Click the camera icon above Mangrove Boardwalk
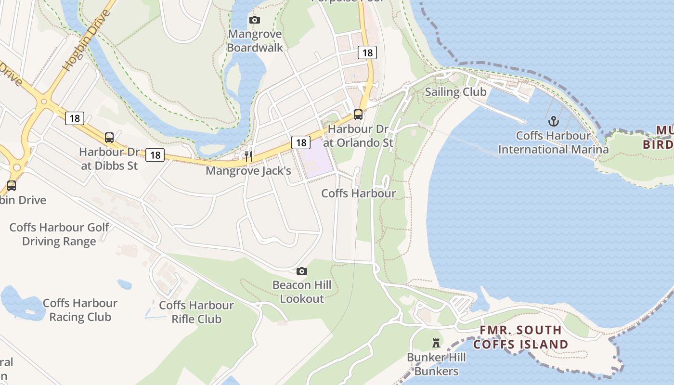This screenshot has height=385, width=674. (255, 20)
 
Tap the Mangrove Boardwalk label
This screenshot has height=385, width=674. (255, 41)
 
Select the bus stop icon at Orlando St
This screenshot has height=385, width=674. (358, 114)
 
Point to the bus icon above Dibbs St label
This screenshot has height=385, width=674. (109, 137)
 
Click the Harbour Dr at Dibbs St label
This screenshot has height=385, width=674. (109, 159)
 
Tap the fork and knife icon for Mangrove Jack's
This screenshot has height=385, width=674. (248, 156)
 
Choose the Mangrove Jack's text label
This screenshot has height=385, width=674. (248, 171)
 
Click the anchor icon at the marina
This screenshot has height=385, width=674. (553, 121)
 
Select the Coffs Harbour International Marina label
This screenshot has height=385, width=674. (553, 142)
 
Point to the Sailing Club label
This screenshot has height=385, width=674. (455, 92)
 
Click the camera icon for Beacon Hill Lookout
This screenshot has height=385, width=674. (302, 271)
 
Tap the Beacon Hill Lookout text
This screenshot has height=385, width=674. (302, 292)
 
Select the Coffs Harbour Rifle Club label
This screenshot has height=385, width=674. (196, 312)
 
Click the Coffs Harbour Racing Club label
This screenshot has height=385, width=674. (80, 310)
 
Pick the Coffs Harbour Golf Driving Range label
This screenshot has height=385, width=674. (59, 234)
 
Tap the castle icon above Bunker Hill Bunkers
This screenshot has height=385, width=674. (436, 343)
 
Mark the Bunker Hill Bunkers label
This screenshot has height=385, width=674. (436, 364)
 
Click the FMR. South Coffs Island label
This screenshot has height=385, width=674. (520, 337)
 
